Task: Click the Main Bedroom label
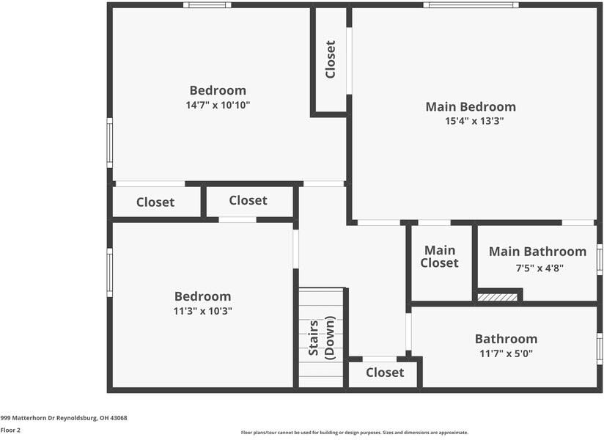[471, 106]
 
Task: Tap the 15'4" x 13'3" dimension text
[474, 121]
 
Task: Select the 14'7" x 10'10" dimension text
[218, 105]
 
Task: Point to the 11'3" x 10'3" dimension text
[202, 311]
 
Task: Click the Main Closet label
[440, 257]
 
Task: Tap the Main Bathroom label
[537, 252]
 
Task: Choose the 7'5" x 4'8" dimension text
[539, 268]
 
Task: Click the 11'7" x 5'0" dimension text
[506, 353]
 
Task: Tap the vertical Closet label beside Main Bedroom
[331, 59]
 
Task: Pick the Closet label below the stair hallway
[385, 373]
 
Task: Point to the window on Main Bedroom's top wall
[471, 5]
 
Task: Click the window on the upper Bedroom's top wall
[207, 5]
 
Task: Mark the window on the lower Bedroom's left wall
[110, 272]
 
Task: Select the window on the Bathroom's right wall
[600, 348]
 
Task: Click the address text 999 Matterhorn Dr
[64, 418]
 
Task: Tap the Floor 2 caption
[10, 430]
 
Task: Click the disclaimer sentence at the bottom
[355, 433]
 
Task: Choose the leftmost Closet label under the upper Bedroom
[155, 202]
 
